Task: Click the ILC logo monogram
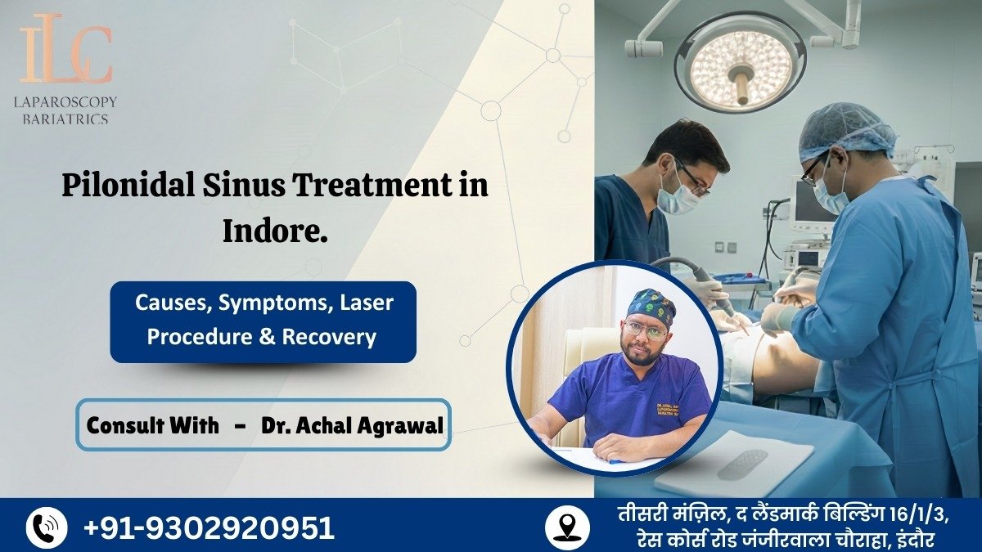tap(66, 54)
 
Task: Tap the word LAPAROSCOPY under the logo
tap(66, 102)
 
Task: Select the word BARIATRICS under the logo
tap(66, 119)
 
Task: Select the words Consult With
tap(153, 425)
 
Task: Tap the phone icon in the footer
tap(47, 527)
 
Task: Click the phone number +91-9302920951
tap(209, 527)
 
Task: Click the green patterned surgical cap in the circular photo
tap(651, 306)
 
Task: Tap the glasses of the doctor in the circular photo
tap(646, 330)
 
